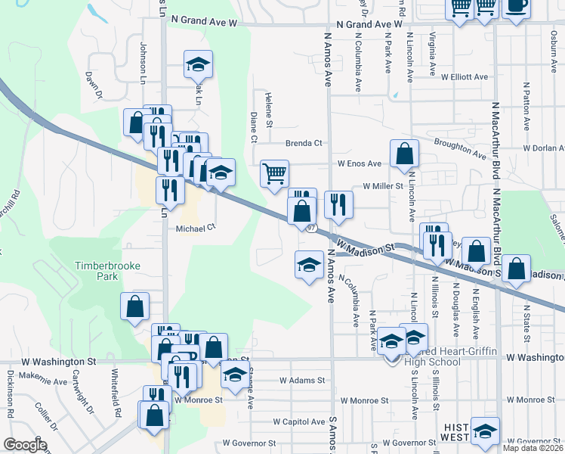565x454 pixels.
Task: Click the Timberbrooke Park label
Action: [97, 271]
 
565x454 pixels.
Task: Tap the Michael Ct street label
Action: [196, 227]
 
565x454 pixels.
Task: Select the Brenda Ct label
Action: [304, 143]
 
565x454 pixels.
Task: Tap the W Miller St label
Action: [384, 185]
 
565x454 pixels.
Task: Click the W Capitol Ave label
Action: [299, 421]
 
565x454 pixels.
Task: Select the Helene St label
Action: [268, 106]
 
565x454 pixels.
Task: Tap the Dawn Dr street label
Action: [94, 84]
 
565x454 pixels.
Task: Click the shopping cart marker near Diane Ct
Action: [274, 173]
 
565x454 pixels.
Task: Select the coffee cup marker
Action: [517, 7]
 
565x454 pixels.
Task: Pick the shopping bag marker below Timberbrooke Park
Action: [134, 306]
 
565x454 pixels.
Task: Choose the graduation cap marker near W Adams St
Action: [236, 374]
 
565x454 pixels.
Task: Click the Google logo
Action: [25, 445]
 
